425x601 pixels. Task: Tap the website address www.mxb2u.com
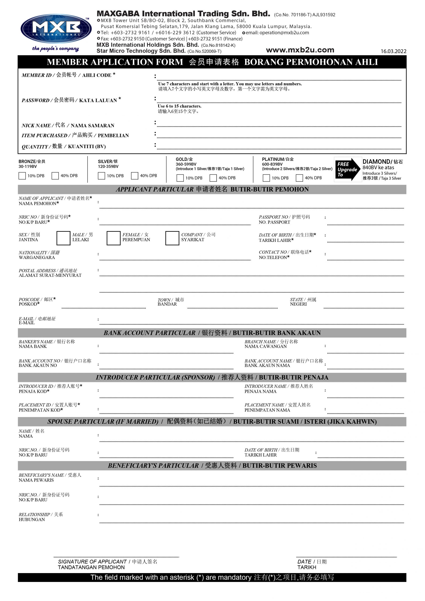click(x=300, y=50)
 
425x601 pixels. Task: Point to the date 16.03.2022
click(x=393, y=51)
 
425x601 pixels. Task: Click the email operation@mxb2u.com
click(x=277, y=33)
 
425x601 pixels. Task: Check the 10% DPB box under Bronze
click(x=22, y=176)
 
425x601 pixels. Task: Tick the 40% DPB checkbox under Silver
click(x=135, y=176)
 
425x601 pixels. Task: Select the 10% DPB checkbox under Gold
click(x=180, y=178)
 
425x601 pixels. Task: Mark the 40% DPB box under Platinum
click(x=299, y=178)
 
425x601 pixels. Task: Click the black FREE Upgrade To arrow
click(x=347, y=170)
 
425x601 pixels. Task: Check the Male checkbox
click(x=63, y=238)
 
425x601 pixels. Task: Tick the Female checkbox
click(x=113, y=238)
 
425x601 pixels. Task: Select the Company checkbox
click(x=172, y=238)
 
